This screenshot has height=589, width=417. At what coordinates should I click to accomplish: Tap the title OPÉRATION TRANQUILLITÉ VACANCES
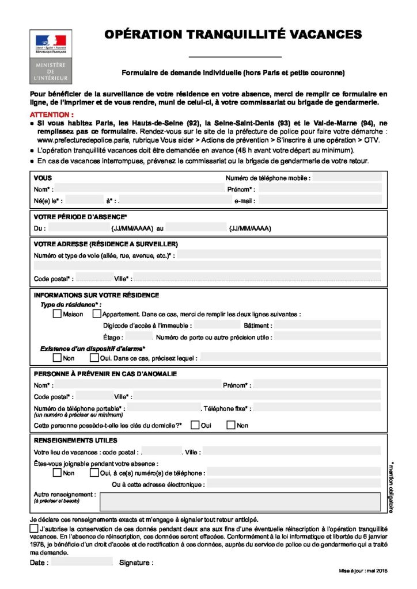[x=233, y=35]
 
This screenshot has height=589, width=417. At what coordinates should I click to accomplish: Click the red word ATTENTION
[x=51, y=114]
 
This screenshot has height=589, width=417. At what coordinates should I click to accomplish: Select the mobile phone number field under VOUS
[x=347, y=178]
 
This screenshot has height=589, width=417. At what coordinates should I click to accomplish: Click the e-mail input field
[x=320, y=201]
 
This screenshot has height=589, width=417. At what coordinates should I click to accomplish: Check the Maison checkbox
[x=57, y=314]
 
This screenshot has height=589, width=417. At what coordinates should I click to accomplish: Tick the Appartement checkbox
[x=96, y=314]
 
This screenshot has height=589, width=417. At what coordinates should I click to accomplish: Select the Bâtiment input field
[x=327, y=325]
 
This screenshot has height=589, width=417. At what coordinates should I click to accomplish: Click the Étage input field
[x=139, y=336]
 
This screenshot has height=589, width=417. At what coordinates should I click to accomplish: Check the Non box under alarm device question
[x=57, y=358]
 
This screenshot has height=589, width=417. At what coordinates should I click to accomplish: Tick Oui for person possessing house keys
[x=195, y=425]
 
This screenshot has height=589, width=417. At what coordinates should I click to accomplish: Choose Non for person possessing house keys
[x=231, y=425]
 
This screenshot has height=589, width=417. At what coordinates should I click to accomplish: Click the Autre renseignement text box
[x=240, y=501]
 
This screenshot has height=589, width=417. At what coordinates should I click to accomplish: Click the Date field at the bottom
[x=82, y=562]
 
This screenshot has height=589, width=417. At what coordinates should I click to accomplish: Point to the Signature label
[x=136, y=562]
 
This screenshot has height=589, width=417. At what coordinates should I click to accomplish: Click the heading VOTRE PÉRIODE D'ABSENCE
[x=80, y=217]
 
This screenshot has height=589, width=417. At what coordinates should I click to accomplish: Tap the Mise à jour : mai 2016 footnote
[x=363, y=570]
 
